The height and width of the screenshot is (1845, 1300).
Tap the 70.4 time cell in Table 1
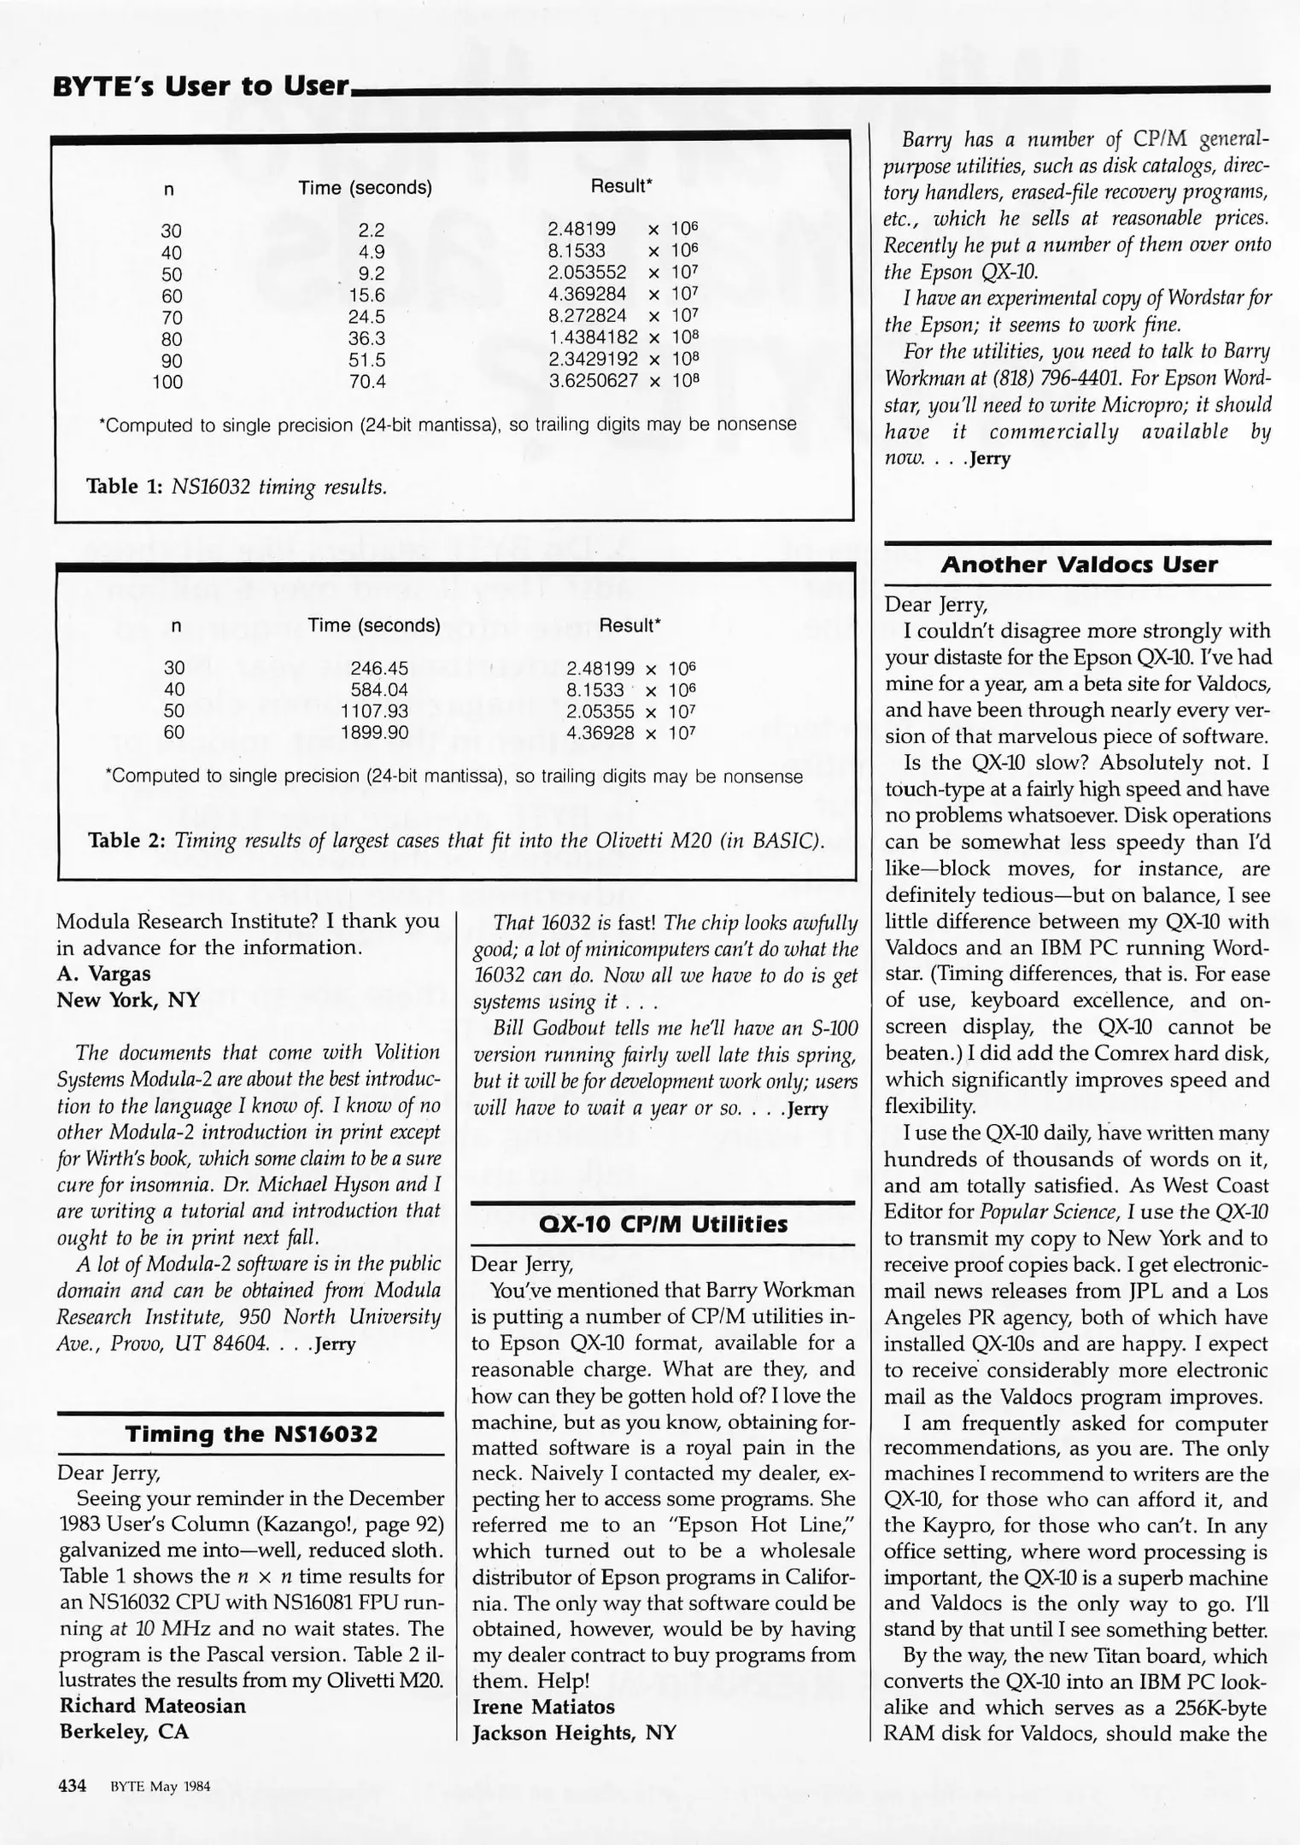point(367,382)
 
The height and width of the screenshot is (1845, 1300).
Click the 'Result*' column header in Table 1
point(621,186)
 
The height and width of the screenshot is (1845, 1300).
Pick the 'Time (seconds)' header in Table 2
point(374,625)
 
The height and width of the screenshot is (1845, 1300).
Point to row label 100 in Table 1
point(167,382)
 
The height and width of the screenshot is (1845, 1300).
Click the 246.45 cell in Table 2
point(379,668)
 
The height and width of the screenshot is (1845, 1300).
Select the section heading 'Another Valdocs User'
point(1079,565)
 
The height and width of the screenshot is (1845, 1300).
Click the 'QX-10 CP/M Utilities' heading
point(663,1225)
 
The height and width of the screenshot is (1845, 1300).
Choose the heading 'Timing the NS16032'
point(251,1434)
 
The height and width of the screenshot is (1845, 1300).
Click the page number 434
point(72,1786)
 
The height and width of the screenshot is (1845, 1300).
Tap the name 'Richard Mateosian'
point(152,1706)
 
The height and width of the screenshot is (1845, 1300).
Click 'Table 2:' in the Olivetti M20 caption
point(127,840)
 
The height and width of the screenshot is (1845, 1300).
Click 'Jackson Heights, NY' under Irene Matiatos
point(574,1732)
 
